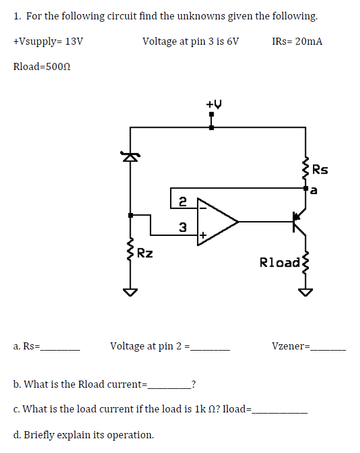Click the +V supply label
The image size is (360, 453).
click(x=214, y=104)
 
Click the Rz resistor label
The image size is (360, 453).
click(x=145, y=254)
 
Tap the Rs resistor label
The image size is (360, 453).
click(x=321, y=171)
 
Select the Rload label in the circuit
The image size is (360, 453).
click(x=279, y=262)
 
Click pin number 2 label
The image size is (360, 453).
click(x=183, y=201)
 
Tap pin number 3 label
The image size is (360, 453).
click(x=183, y=226)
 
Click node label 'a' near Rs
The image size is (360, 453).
click(x=315, y=189)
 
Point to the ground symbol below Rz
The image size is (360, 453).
click(x=130, y=292)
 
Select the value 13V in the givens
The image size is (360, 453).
click(x=74, y=42)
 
